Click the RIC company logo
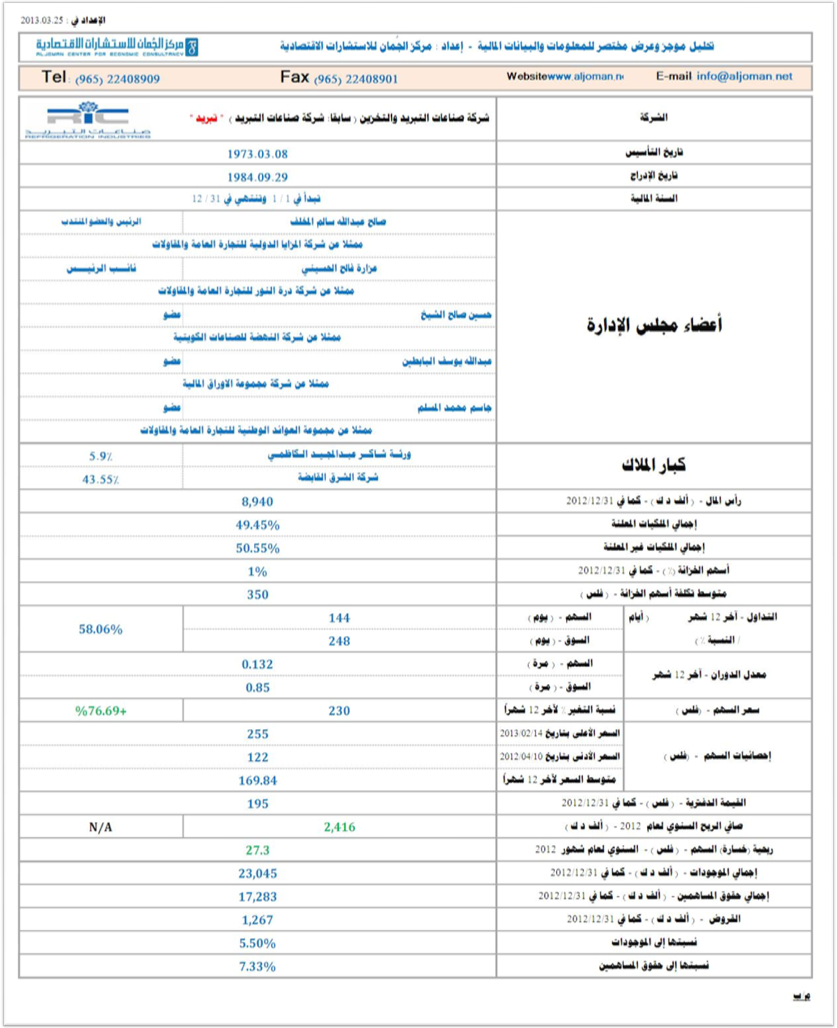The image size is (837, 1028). (x=88, y=119)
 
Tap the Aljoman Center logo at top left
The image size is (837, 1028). (x=117, y=46)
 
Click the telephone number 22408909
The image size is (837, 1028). (x=117, y=79)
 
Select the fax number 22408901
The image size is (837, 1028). (x=356, y=79)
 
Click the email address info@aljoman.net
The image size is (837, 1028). (x=744, y=76)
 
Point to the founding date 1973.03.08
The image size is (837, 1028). (x=258, y=154)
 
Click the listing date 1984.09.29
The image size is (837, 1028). (x=258, y=177)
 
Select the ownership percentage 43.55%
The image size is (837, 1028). (x=101, y=480)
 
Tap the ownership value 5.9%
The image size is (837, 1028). (x=101, y=456)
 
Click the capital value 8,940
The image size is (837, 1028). (x=258, y=502)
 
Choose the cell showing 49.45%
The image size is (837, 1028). (x=258, y=525)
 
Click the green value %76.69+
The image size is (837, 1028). (x=101, y=711)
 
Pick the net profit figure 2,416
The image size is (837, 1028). (x=339, y=827)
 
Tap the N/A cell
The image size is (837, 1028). (x=101, y=827)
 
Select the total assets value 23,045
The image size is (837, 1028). (x=258, y=873)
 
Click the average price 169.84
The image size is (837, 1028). (x=258, y=781)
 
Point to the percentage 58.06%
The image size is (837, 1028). (x=101, y=629)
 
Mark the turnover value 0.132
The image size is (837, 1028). (x=258, y=665)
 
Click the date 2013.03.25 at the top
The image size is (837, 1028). (x=42, y=20)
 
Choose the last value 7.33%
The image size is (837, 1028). (x=258, y=966)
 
